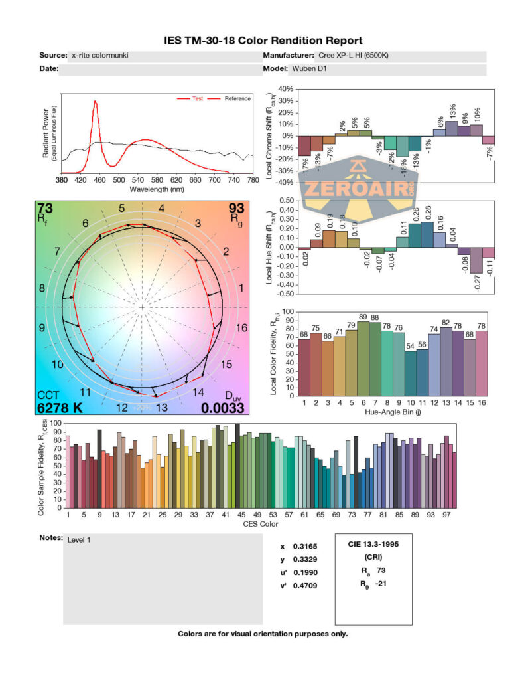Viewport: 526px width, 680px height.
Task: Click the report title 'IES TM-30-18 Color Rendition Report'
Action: [x=263, y=41]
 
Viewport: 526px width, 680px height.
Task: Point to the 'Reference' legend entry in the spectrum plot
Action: [x=237, y=99]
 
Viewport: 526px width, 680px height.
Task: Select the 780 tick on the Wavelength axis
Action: [x=252, y=179]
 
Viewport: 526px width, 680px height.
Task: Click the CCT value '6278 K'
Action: [x=60, y=408]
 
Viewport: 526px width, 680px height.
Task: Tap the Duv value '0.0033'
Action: [x=223, y=408]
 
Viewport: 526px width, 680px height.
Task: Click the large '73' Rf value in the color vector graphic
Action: [x=45, y=208]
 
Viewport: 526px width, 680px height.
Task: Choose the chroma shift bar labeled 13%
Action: [x=452, y=128]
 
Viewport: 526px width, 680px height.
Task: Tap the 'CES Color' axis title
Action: [x=261, y=524]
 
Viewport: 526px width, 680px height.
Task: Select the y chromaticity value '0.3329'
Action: [x=303, y=560]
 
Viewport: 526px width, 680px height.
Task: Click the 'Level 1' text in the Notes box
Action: [x=78, y=539]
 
